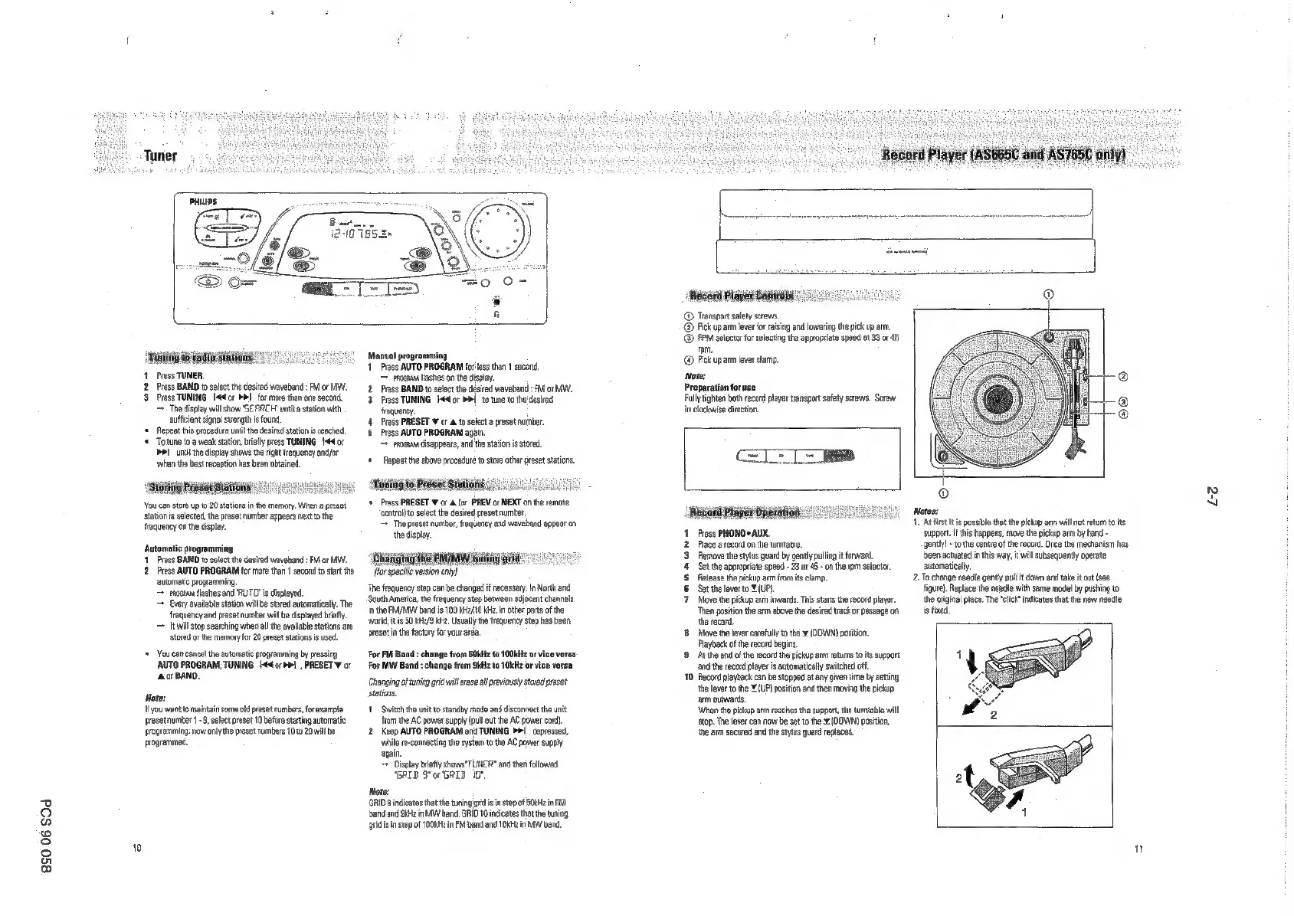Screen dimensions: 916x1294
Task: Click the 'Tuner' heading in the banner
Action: coord(161,155)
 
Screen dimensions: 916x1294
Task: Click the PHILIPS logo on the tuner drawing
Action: coord(204,201)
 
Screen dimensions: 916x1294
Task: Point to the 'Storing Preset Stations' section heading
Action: coord(198,488)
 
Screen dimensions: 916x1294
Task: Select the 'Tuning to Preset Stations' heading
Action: coord(428,484)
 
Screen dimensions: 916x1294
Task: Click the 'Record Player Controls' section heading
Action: coord(742,296)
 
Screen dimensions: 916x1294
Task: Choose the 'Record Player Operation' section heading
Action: coord(745,512)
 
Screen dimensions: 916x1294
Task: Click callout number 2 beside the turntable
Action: coord(1123,375)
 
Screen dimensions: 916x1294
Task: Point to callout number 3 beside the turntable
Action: coord(1123,402)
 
